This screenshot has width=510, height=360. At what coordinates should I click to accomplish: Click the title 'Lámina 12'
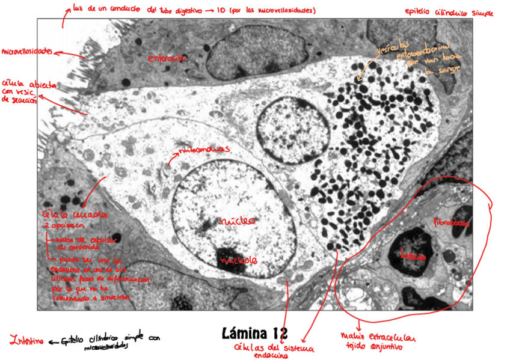tap(254, 333)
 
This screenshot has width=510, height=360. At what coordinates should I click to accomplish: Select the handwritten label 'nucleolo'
tap(239, 261)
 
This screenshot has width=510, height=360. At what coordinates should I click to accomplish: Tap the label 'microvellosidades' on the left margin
tap(28, 52)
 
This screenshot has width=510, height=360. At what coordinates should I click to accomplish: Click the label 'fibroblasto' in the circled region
tap(453, 222)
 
